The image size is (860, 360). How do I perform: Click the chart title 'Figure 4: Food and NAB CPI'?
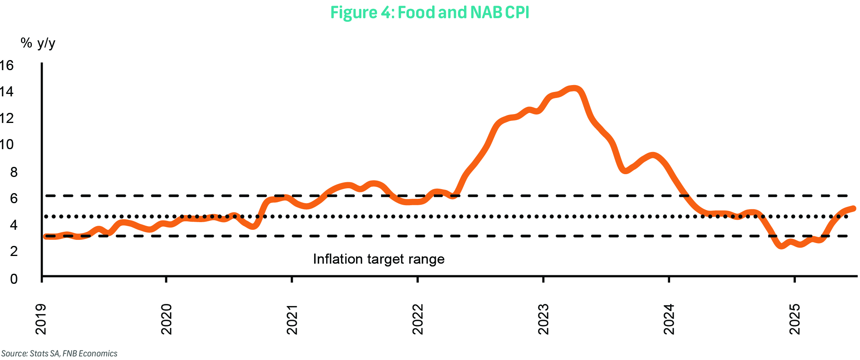point(429,12)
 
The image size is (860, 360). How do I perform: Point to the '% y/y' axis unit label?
point(38,43)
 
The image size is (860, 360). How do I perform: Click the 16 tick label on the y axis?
point(7,65)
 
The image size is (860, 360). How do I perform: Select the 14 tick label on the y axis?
point(7,92)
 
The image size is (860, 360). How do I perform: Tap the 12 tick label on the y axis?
point(7,118)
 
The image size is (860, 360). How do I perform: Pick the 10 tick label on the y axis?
point(7,144)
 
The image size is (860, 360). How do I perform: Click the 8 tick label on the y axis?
point(14,172)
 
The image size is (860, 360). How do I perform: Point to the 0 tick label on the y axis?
point(14,279)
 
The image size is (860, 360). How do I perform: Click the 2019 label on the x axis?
point(41,319)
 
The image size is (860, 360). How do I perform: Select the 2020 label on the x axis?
point(167,319)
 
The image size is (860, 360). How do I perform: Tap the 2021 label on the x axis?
point(292,319)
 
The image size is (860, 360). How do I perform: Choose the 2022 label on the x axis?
point(418,319)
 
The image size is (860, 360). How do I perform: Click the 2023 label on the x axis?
point(543,319)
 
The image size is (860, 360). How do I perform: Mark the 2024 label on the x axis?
point(669,319)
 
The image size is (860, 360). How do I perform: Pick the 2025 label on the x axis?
point(795,319)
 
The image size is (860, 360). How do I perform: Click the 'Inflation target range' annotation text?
point(379,259)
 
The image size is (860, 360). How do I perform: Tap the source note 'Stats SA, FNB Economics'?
point(59,354)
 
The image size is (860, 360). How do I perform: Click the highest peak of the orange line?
point(574,89)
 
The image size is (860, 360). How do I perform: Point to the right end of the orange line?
point(853,208)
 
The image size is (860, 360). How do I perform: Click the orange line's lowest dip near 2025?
point(782,246)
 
